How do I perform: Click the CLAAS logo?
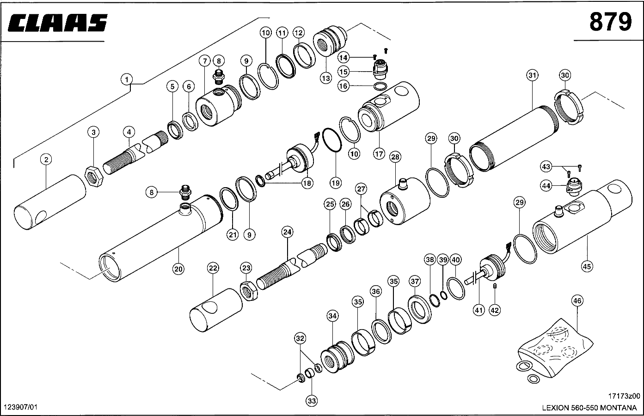pyautogui.click(x=58, y=23)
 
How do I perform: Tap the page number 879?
pyautogui.click(x=610, y=22)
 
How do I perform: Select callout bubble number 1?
pyautogui.click(x=126, y=80)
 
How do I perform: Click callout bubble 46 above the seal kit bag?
pyautogui.click(x=577, y=301)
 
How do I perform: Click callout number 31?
pyautogui.click(x=532, y=75)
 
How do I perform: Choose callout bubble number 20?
pyautogui.click(x=178, y=268)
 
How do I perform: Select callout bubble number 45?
pyautogui.click(x=587, y=266)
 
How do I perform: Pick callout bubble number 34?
pyautogui.click(x=332, y=316)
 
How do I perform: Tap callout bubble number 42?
pyautogui.click(x=495, y=310)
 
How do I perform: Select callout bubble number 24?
pyautogui.click(x=287, y=232)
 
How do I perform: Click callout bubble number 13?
pyautogui.click(x=326, y=78)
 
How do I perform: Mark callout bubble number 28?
pyautogui.click(x=395, y=157)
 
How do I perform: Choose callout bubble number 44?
pyautogui.click(x=546, y=186)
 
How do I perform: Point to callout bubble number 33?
pyautogui.click(x=312, y=401)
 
